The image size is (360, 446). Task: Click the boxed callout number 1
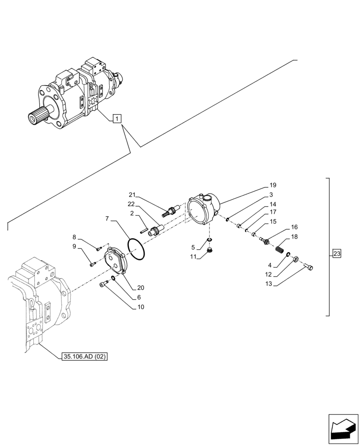[x=116, y=119]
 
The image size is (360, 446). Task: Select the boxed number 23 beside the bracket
[x=336, y=255]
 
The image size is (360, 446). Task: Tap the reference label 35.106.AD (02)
[x=84, y=356]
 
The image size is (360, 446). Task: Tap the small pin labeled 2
[x=143, y=231]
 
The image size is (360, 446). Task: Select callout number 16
[x=294, y=227]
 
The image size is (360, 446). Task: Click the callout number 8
[x=74, y=237]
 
